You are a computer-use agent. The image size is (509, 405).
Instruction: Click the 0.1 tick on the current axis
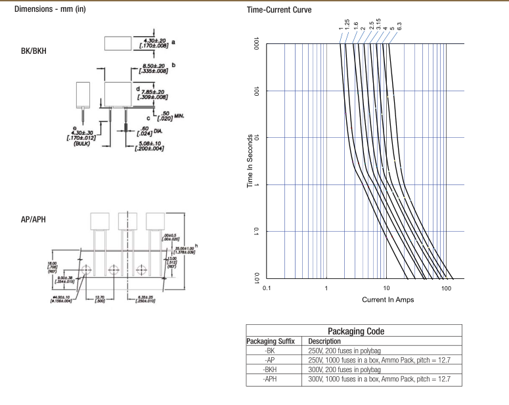[267, 288]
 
